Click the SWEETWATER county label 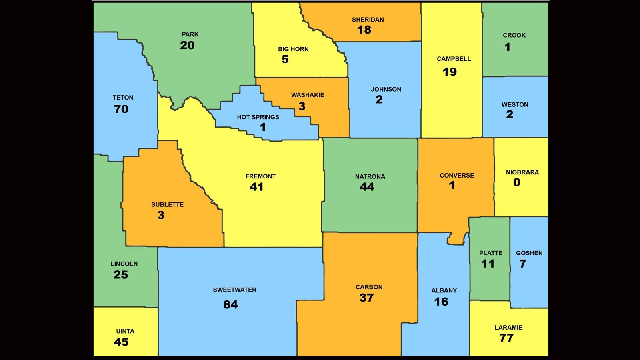tap(234, 290)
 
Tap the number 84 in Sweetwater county tap(230, 305)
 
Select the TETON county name tap(123, 98)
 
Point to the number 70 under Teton tap(121, 109)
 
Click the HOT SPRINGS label tap(258, 117)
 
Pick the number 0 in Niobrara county tap(517, 182)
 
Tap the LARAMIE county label tap(508, 328)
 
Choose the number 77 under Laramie tap(506, 338)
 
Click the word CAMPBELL tap(454, 59)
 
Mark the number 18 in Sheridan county tap(364, 30)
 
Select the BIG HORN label tap(293, 49)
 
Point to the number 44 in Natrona tap(367, 187)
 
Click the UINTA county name tap(125, 331)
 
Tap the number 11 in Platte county tap(488, 264)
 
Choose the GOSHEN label tap(529, 253)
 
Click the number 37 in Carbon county tap(366, 298)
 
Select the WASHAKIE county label tap(308, 95)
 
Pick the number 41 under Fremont tap(256, 187)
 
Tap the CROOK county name tap(514, 35)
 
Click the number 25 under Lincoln tap(121, 275)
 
